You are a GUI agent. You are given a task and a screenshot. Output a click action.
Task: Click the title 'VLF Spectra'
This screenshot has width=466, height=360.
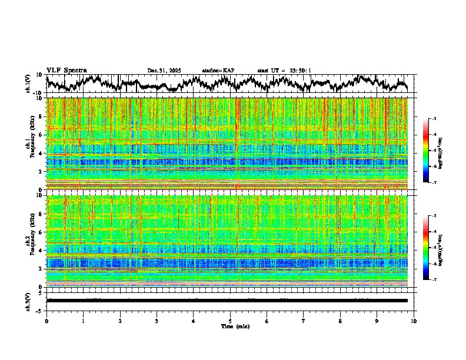click(66, 70)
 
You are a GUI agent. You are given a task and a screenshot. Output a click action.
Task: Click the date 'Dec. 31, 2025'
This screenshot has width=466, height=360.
click(164, 71)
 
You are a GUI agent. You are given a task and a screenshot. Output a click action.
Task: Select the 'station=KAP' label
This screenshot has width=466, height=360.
click(218, 71)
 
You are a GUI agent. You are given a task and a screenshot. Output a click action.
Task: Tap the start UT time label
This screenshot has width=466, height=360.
click(284, 71)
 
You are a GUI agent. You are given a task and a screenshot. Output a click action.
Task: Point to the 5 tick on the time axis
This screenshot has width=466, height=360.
click(230, 321)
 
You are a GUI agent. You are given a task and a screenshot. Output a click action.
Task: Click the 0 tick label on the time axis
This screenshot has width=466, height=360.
click(46, 321)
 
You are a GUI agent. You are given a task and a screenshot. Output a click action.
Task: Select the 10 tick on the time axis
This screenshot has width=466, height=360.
click(414, 321)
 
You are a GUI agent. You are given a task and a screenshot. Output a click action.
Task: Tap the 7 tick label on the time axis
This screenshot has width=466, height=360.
click(304, 321)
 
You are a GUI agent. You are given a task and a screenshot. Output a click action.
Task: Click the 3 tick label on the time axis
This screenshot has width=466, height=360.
click(157, 321)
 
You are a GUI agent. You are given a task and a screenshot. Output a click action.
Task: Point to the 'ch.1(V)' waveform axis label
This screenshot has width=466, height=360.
click(29, 84)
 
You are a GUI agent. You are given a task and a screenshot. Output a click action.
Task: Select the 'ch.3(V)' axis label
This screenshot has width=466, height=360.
click(29, 300)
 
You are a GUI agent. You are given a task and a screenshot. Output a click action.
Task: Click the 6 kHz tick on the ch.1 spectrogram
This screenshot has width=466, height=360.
click(41, 135)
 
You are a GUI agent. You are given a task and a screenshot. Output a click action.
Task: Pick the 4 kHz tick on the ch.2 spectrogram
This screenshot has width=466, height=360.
click(41, 251)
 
